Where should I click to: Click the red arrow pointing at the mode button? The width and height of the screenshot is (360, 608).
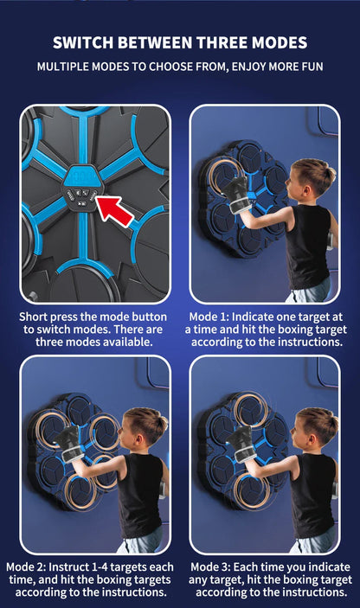115,211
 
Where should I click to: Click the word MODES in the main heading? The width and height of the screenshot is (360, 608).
280,42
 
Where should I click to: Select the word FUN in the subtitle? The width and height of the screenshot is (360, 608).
312,67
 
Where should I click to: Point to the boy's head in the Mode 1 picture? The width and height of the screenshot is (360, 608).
312,176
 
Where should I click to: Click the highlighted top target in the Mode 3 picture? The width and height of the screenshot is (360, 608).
251,410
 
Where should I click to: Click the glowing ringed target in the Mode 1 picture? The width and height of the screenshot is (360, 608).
224,176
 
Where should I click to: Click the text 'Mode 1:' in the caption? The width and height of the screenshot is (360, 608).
209,317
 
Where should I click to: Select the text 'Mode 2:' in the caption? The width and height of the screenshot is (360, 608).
26,566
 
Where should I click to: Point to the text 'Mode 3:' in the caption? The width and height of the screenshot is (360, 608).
210,566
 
